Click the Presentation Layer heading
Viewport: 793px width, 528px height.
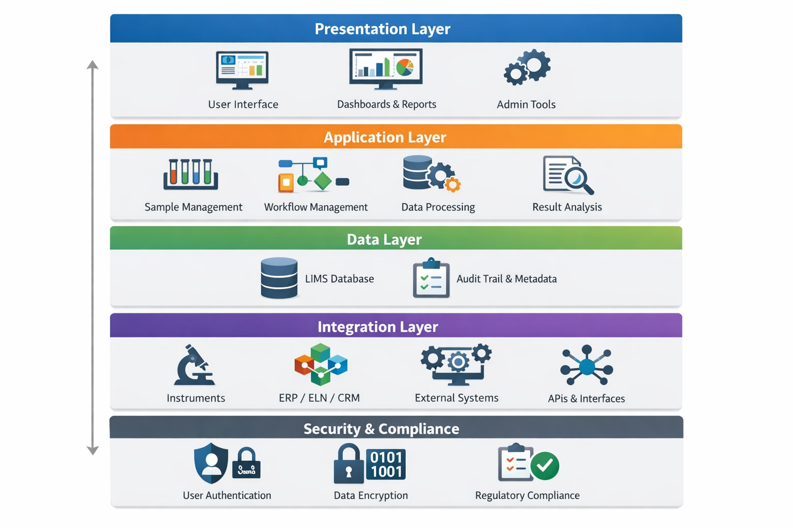pyautogui.click(x=382, y=29)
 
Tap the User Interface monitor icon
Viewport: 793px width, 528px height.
pyautogui.click(x=242, y=70)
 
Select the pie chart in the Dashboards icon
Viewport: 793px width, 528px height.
pyautogui.click(x=405, y=67)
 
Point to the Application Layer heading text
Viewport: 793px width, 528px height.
pyautogui.click(x=385, y=137)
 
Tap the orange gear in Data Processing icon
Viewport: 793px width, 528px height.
pyautogui.click(x=453, y=184)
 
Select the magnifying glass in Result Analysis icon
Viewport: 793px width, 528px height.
pyautogui.click(x=577, y=178)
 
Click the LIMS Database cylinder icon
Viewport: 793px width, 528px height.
pyautogui.click(x=279, y=278)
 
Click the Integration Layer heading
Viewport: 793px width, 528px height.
pyautogui.click(x=377, y=327)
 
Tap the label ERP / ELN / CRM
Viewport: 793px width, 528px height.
pyautogui.click(x=319, y=398)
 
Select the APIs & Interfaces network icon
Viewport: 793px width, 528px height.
pyautogui.click(x=586, y=366)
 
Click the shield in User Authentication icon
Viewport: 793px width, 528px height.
pyautogui.click(x=211, y=463)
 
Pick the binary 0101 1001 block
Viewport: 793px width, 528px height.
pyautogui.click(x=386, y=464)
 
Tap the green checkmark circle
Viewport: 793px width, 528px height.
pyautogui.click(x=545, y=466)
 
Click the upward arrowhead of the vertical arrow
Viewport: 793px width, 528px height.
pyautogui.click(x=92, y=64)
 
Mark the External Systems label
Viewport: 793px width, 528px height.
pyautogui.click(x=456, y=398)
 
